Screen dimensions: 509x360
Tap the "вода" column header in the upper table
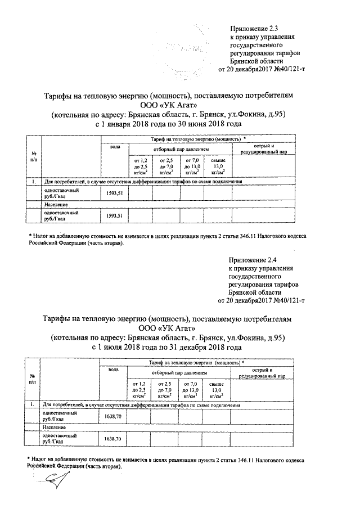tap(115, 147)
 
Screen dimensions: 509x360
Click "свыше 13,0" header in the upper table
tap(218, 167)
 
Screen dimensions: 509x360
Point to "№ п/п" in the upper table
tap(34, 157)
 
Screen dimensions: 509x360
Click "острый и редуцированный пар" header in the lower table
tap(263, 372)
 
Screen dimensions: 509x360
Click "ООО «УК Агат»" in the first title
tap(169, 105)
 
